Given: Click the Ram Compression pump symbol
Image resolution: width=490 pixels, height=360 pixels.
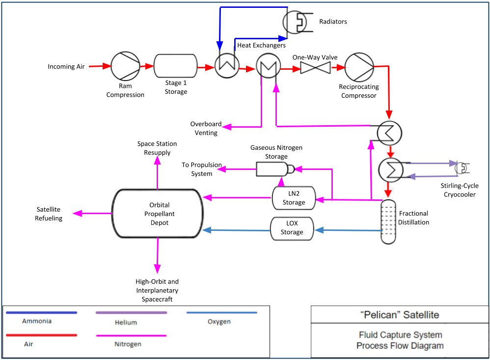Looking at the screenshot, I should tap(125, 66).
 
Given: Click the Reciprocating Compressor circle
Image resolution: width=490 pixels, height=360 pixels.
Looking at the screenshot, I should tap(359, 67).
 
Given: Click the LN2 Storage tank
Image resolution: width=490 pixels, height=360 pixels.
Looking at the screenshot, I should tap(294, 198).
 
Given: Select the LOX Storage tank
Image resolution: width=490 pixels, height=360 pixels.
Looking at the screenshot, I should tap(292, 228).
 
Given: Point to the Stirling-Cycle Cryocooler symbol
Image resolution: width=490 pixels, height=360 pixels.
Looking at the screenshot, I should tap(463, 167).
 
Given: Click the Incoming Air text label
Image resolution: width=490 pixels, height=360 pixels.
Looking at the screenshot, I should tap(66, 66).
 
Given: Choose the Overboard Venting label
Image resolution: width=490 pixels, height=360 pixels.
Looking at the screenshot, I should tap(206, 128).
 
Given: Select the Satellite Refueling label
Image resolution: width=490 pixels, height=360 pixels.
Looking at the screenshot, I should tap(49, 214).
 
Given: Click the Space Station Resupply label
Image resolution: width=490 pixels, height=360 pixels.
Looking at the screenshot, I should tap(157, 148).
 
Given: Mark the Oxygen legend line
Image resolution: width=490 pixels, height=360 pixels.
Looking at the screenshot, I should tap(222, 312).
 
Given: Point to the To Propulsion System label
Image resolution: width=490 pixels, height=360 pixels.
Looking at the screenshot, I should tap(202, 169).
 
